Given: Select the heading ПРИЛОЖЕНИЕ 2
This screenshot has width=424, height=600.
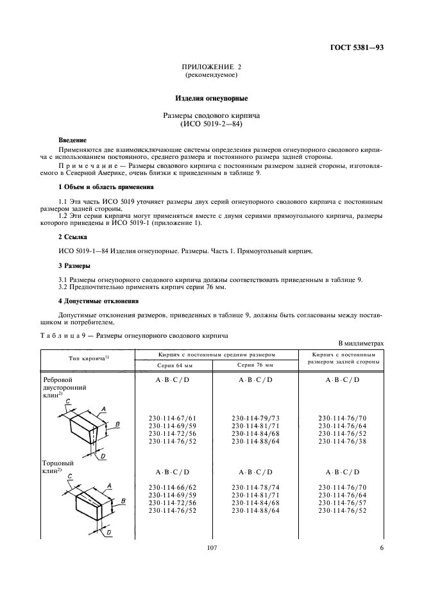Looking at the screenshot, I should click(x=211, y=67).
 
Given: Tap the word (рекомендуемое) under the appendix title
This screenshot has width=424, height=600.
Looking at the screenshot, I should click(x=211, y=75).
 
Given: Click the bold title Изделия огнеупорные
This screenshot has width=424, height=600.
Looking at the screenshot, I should click(x=211, y=99).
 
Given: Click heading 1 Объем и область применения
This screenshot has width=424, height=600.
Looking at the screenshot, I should click(x=106, y=187).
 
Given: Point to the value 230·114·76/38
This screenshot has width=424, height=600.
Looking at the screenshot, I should click(x=342, y=441).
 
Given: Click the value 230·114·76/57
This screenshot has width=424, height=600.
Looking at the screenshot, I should click(x=342, y=503).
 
